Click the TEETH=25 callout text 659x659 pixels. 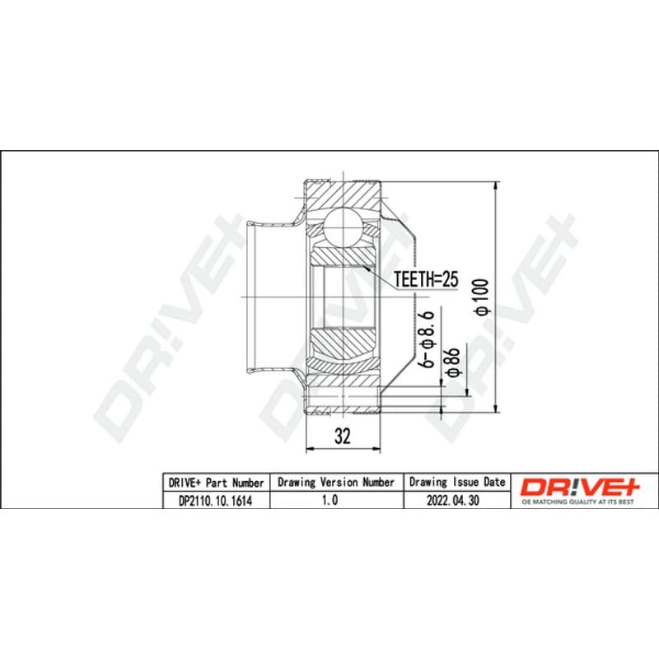[x=426, y=279]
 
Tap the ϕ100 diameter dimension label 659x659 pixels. [x=482, y=297]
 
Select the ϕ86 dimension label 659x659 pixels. [x=453, y=362]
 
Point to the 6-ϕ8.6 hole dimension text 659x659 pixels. [x=428, y=339]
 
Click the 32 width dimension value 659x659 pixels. [x=343, y=437]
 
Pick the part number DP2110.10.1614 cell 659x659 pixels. [x=216, y=501]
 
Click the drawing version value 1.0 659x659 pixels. [x=330, y=500]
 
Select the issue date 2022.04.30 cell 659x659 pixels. [x=453, y=501]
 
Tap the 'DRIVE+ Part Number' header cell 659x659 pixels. [x=216, y=483]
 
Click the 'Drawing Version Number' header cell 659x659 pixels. [x=336, y=483]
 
